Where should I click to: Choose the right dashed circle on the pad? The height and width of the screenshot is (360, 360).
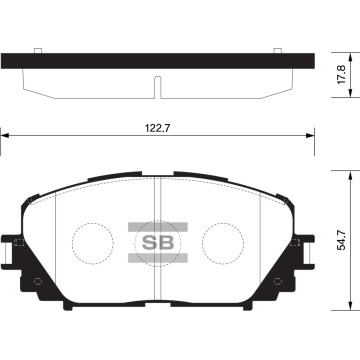tap(224, 243)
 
